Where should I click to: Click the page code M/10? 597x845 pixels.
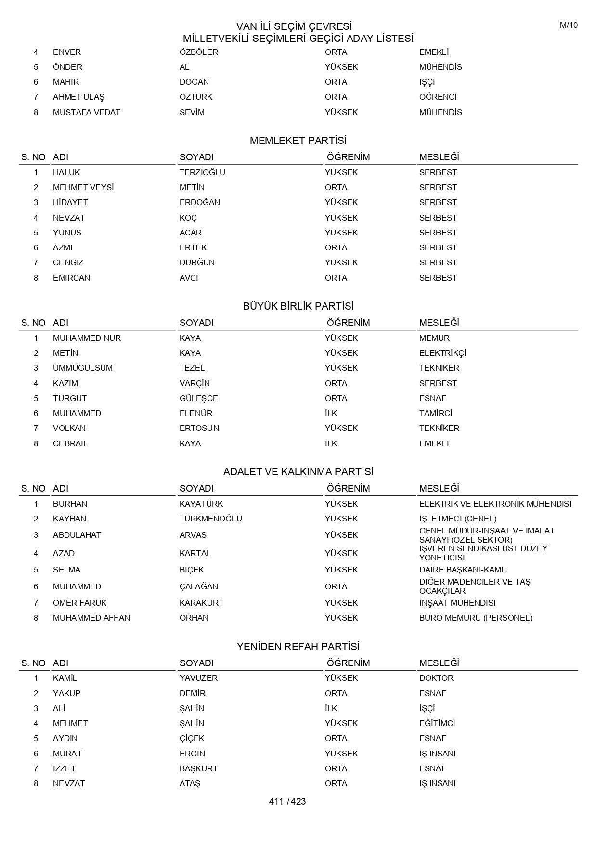pos(569,26)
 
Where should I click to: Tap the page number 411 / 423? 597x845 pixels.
pos(287,801)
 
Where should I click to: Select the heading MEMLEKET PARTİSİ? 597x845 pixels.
pos(298,141)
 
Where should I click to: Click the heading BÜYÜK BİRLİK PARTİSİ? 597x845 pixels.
pos(298,306)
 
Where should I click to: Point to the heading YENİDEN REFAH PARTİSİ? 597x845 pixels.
pos(298,647)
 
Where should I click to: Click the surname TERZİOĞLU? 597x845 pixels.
pos(202,172)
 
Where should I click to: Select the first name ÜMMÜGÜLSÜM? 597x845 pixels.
pos(83,368)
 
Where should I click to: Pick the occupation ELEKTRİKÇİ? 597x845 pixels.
pos(442,353)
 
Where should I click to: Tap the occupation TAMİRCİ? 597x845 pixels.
pos(436,413)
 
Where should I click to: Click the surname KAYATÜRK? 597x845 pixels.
pos(201,504)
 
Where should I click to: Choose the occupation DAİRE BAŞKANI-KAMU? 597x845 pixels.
pos(463,570)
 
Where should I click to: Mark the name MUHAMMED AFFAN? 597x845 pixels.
pos(91,618)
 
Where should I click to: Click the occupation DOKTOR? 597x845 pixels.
pos(436,678)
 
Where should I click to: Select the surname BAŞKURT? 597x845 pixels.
pos(198,768)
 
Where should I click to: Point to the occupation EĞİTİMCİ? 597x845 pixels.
pos(437,723)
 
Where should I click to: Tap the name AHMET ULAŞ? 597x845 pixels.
pos(78,97)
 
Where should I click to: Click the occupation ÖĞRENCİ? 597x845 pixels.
pos(438,97)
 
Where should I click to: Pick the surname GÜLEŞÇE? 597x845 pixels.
pos(199,398)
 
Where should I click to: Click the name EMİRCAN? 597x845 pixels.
pos(71,278)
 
